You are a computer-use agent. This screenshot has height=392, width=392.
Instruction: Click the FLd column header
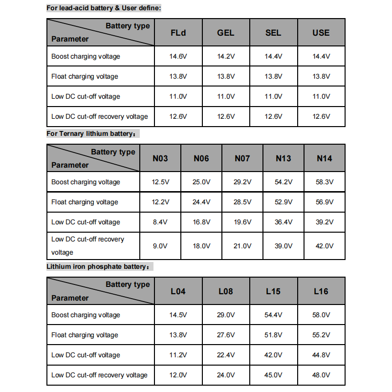pos(178,33)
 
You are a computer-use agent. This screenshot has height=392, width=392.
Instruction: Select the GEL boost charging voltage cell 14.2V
pos(226,57)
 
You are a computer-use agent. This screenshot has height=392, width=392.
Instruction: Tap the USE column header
pos(321,33)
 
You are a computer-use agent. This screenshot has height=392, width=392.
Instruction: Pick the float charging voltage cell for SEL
pos(273,77)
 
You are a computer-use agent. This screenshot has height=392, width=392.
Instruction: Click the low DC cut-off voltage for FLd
pos(178,97)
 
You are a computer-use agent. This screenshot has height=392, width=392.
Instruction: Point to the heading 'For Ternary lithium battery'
pos(93,134)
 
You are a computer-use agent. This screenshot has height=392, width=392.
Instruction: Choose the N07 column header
pos(242,158)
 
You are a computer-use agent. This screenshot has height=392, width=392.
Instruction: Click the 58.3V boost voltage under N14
pos(325,182)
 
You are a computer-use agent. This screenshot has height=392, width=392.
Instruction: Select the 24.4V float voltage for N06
pos(201,202)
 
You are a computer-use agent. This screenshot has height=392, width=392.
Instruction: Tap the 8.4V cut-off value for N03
pos(160,222)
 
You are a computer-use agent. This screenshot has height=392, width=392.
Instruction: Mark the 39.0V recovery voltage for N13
pos(283,246)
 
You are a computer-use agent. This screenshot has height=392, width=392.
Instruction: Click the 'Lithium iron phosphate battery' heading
pos(100,267)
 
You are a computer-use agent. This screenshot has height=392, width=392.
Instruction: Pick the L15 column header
pos(273,291)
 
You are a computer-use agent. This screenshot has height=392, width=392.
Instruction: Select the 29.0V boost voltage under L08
pos(226,315)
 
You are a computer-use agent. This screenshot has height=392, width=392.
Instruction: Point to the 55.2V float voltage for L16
pos(321,335)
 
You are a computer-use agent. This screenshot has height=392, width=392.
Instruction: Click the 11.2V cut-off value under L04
pos(178,355)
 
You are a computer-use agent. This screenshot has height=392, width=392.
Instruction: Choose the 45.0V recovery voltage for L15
pos(273,375)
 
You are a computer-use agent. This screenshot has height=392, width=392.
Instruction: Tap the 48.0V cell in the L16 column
pos(321,375)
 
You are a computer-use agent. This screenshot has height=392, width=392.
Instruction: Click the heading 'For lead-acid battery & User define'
pos(104,8)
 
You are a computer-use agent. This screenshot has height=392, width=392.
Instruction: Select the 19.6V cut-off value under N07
pos(242,222)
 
